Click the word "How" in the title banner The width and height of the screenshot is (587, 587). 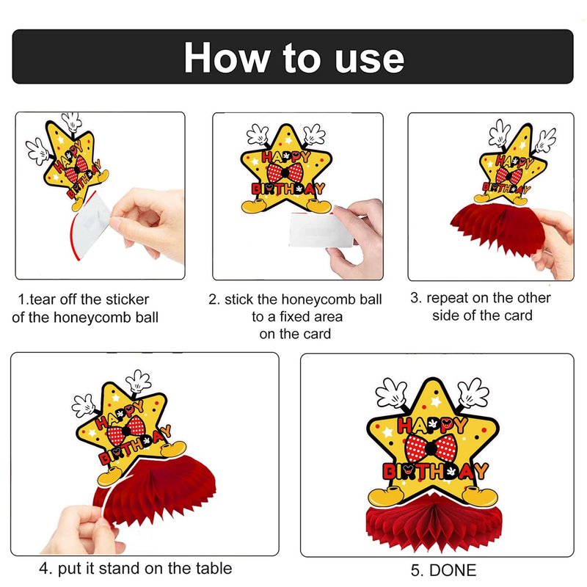227,58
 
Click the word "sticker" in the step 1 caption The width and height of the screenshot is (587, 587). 127,299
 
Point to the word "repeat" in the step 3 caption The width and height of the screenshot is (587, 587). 447,299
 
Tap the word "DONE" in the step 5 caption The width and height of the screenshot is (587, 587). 453,571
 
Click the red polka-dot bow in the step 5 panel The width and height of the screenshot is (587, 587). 431,448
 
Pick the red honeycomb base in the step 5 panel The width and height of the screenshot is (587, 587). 433,524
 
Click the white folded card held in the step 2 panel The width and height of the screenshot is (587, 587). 321,230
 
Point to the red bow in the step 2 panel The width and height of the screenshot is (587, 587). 285,172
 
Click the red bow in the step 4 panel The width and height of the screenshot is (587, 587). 126,431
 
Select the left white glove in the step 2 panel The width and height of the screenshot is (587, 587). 258,134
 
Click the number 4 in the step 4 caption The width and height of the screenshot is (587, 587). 45,569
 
